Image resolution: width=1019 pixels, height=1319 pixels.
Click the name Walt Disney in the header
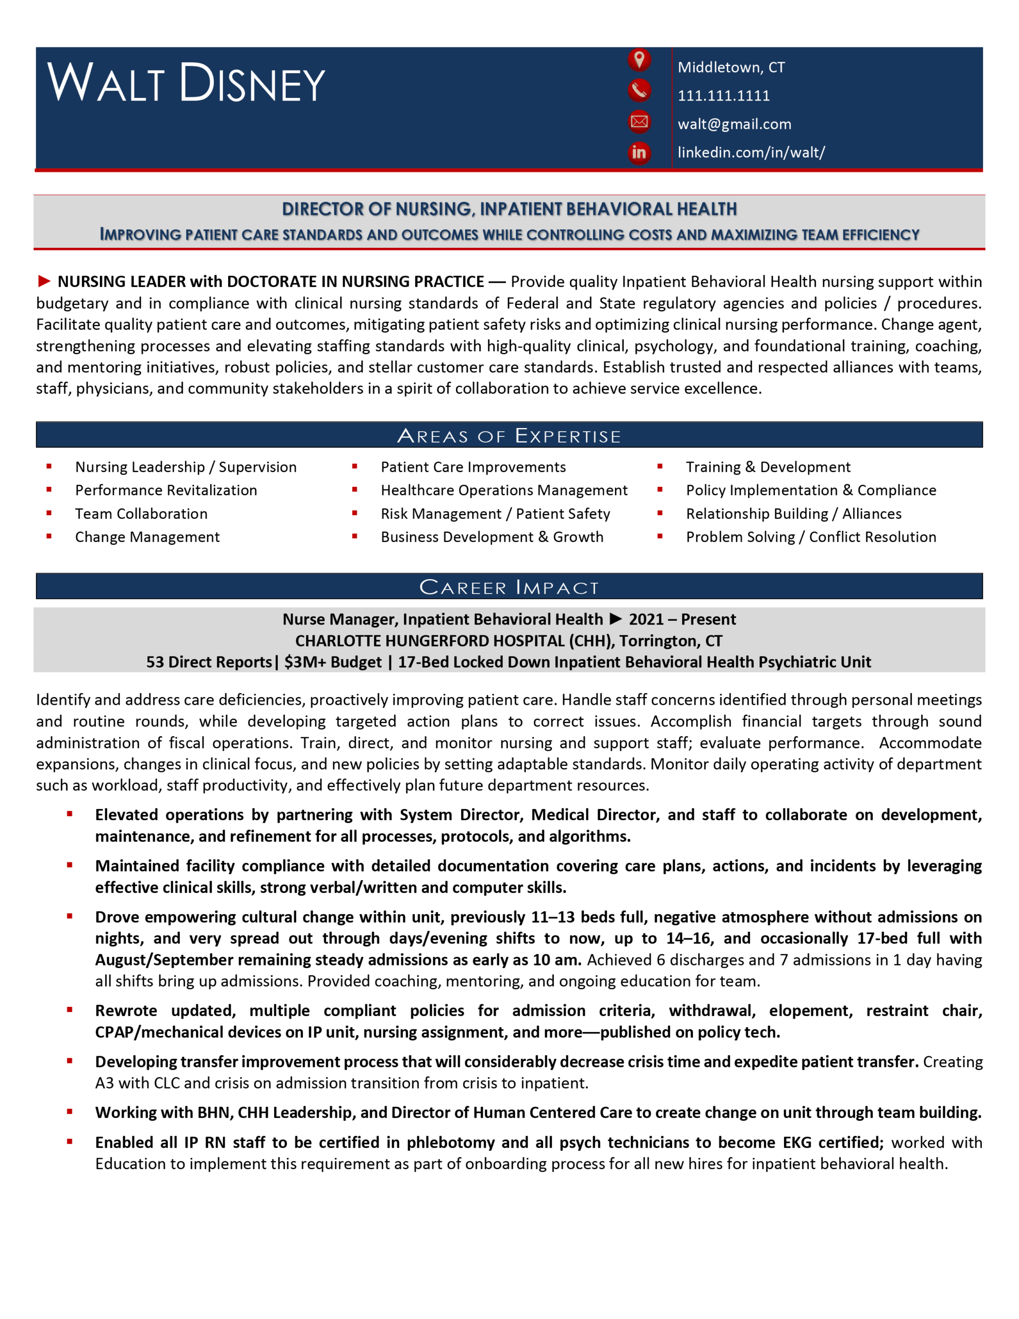pyautogui.click(x=186, y=83)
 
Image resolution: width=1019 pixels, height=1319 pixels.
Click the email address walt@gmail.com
pyautogui.click(x=734, y=124)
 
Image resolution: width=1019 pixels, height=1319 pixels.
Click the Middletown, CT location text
pyautogui.click(x=731, y=67)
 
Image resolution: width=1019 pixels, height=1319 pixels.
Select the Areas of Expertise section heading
pyautogui.click(x=508, y=435)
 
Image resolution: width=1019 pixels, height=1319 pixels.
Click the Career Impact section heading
pyautogui.click(x=508, y=586)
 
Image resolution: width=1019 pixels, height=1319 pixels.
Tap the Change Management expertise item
pyautogui.click(x=147, y=537)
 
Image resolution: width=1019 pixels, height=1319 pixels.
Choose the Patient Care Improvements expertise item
pyautogui.click(x=473, y=467)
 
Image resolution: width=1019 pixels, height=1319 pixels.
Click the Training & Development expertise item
pyautogui.click(x=768, y=467)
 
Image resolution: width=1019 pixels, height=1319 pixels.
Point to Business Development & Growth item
pyautogui.click(x=491, y=537)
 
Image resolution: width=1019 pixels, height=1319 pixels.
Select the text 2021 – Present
pyautogui.click(x=682, y=619)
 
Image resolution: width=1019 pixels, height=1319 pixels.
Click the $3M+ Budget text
pyautogui.click(x=333, y=662)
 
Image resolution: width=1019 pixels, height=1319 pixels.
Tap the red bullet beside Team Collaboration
pyautogui.click(x=49, y=513)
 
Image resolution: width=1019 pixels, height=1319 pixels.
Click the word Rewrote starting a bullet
pyautogui.click(x=126, y=1010)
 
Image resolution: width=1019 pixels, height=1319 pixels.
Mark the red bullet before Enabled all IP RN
pyautogui.click(x=70, y=1141)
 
